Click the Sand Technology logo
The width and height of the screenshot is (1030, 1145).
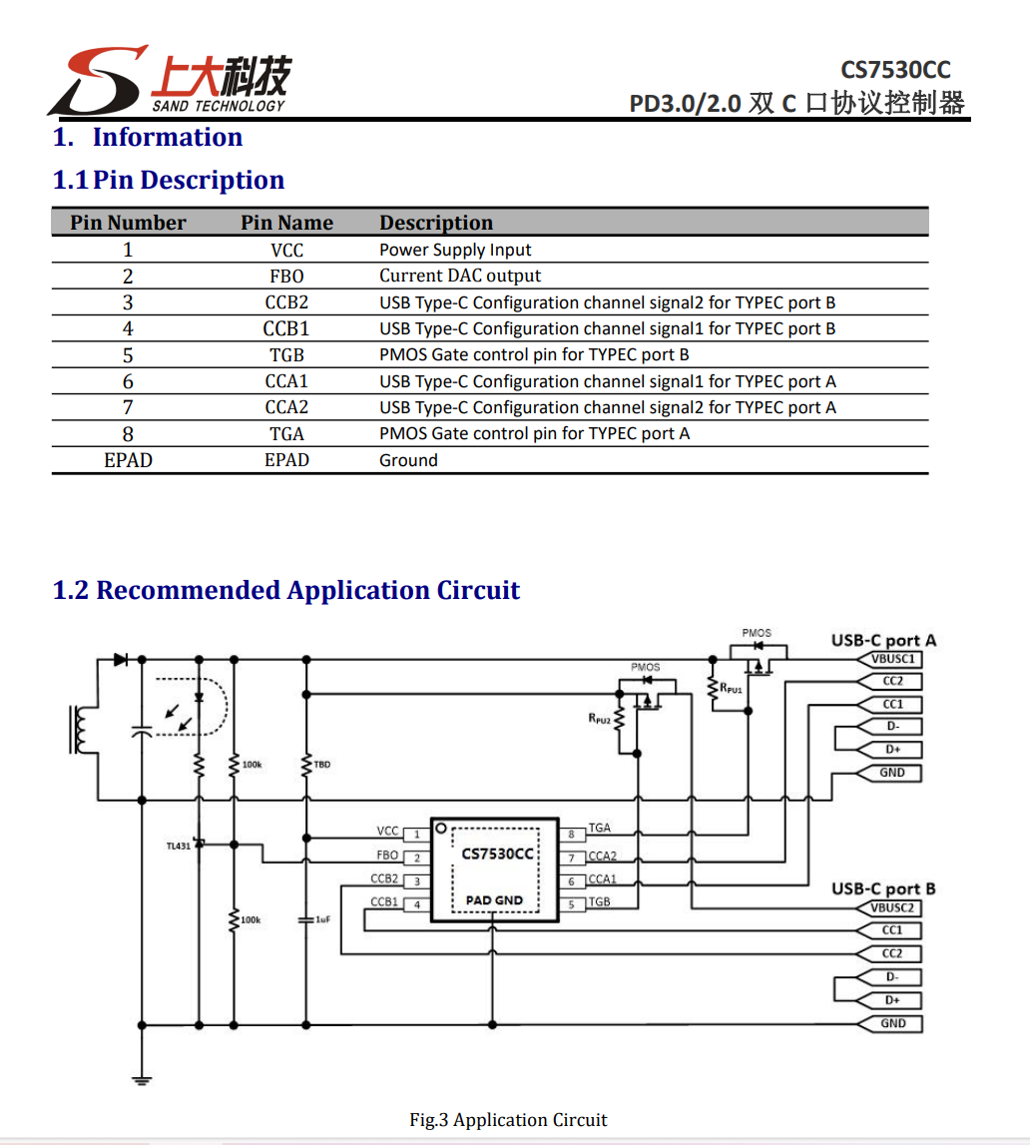170,80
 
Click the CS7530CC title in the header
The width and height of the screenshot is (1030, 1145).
894,70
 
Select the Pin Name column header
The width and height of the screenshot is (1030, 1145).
286,223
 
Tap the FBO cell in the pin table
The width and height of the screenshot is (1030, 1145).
286,277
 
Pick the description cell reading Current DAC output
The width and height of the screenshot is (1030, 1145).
460,277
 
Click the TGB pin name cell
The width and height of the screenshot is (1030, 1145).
286,355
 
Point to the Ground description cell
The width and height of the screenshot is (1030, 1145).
408,460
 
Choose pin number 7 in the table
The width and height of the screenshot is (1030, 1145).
128,407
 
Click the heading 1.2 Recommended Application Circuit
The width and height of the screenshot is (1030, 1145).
285,590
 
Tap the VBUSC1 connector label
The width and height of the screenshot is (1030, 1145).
892,660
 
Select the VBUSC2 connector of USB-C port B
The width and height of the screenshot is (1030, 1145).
892,908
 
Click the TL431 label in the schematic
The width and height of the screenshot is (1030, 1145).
178,846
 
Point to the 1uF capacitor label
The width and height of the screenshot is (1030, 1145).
322,919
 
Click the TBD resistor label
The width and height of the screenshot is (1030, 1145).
321,765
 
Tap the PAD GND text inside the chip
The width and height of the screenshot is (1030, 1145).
494,900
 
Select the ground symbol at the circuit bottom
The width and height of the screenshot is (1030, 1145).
141,1078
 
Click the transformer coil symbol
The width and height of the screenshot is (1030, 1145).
79,731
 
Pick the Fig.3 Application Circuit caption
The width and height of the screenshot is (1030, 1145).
508,1120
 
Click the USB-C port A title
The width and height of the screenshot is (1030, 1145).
883,640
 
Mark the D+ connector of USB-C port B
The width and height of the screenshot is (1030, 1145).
892,1000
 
